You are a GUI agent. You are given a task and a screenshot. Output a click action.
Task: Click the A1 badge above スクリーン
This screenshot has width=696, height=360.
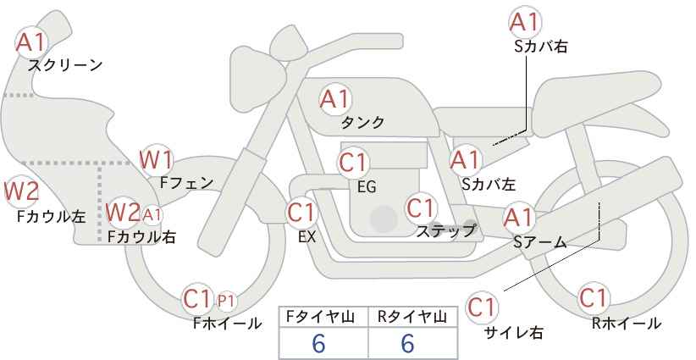point(32,41)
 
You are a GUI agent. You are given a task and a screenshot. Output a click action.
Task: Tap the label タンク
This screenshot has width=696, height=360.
point(362,122)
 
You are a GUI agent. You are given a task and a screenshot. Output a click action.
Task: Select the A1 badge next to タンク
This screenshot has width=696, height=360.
point(335,99)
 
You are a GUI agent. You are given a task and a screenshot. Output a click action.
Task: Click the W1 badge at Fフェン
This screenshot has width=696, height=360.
point(157,159)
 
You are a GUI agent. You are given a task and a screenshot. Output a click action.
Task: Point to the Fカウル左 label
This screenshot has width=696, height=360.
point(52,217)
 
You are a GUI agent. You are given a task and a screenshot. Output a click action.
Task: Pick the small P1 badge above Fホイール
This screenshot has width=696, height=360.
point(226,300)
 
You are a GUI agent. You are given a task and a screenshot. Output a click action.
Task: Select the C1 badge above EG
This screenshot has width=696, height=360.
point(354,162)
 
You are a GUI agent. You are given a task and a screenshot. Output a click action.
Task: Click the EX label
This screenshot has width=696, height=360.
point(307,238)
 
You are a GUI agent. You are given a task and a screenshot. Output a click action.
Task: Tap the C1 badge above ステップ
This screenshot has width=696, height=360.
point(422,208)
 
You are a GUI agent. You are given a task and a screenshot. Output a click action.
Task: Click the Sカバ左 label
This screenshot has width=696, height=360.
point(489,182)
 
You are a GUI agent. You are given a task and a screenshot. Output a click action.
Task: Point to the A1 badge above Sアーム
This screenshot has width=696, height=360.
point(519,219)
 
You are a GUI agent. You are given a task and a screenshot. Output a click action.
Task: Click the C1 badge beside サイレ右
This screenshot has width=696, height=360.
point(483,306)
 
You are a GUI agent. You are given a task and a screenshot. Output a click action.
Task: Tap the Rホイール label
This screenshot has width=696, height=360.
point(627,323)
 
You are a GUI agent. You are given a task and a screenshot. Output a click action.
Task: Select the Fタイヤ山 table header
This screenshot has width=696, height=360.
point(323,317)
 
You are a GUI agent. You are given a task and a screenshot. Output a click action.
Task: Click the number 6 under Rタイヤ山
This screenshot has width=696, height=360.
point(407,344)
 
